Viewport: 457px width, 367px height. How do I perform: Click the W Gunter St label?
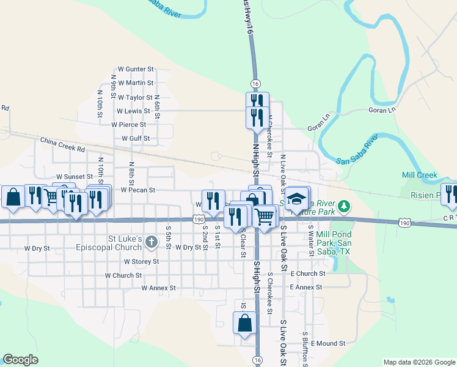click(x=136, y=70)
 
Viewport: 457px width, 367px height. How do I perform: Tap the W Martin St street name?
click(x=136, y=83)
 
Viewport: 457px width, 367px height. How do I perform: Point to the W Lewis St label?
click(x=133, y=111)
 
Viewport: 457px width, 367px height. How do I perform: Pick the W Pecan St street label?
click(x=138, y=190)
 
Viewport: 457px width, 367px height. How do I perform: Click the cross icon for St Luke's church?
click(x=152, y=243)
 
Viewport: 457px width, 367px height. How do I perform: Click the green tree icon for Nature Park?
click(x=345, y=205)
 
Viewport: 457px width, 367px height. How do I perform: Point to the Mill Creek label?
click(x=420, y=175)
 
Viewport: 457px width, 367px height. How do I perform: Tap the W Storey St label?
click(x=141, y=261)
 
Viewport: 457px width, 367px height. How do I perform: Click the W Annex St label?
click(x=158, y=287)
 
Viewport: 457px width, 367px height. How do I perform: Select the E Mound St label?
click(x=327, y=344)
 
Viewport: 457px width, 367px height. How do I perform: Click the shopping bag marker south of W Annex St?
click(x=244, y=323)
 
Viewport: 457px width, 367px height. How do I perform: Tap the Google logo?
click(x=20, y=360)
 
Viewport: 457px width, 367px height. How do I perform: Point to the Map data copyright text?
click(x=419, y=362)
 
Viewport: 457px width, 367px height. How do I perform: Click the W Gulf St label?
click(x=136, y=139)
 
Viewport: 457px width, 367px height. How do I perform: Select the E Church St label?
click(x=309, y=273)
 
